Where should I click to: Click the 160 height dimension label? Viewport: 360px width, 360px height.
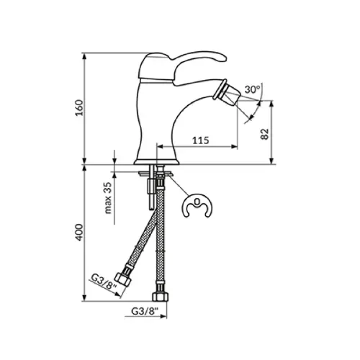(79, 108)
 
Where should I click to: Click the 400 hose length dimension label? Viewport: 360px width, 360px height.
(79, 233)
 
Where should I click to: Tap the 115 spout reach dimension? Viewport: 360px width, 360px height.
(201, 140)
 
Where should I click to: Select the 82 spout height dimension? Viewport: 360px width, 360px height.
(264, 134)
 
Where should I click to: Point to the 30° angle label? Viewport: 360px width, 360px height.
(252, 89)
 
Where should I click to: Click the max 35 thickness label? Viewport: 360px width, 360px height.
(108, 198)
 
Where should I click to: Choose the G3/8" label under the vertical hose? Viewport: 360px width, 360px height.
(145, 311)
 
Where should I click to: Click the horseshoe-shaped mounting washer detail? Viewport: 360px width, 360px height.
(197, 205)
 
